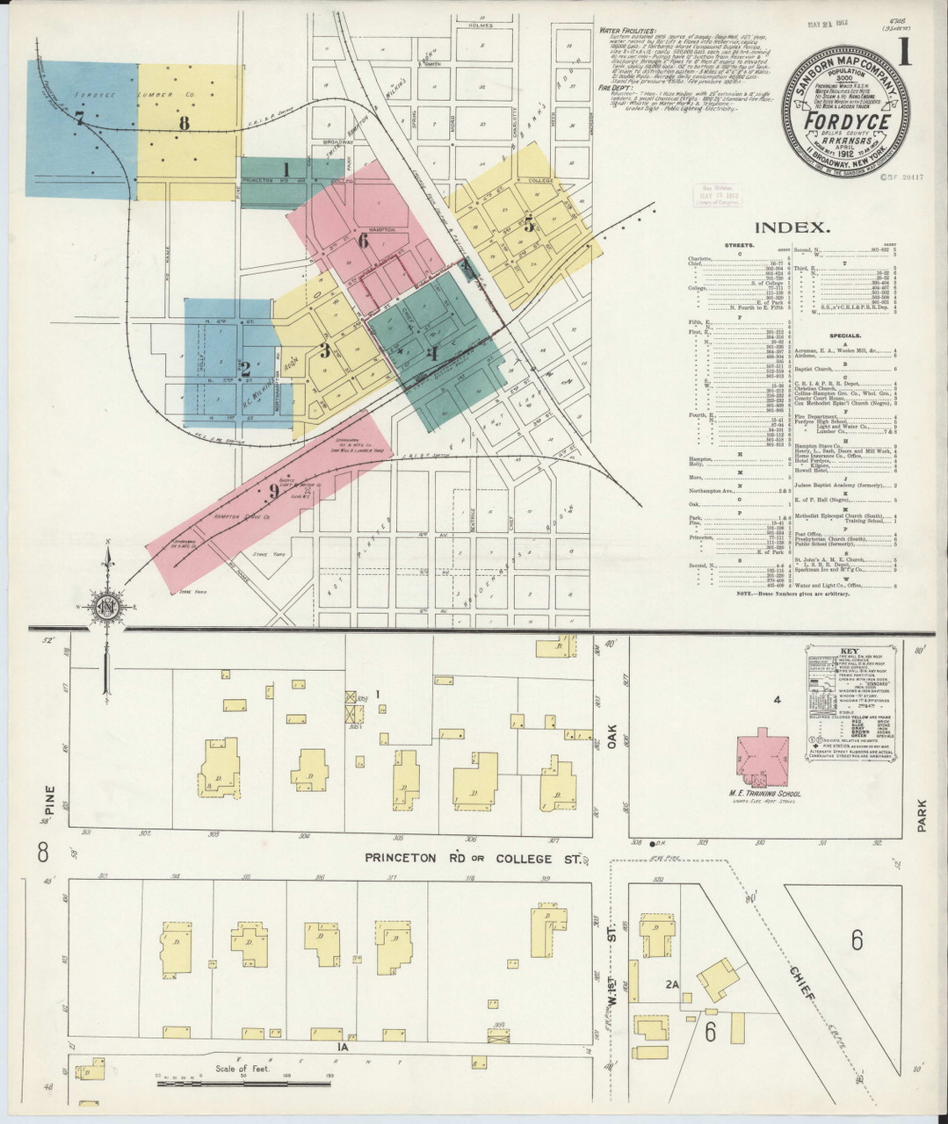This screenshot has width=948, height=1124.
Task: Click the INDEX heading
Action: tap(792, 227)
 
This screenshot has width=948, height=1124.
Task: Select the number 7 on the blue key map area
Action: tap(79, 118)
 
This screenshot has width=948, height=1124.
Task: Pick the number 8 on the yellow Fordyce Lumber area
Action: tap(184, 124)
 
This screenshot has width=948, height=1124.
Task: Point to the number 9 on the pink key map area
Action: tap(273, 492)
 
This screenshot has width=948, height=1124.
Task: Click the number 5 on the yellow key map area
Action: tap(528, 223)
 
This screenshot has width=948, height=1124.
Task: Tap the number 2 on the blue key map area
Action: tap(245, 370)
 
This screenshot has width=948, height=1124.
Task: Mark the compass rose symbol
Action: tap(107, 608)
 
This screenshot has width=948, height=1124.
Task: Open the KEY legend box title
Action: tap(849, 651)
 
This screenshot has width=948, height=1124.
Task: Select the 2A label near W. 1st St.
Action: tap(672, 985)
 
